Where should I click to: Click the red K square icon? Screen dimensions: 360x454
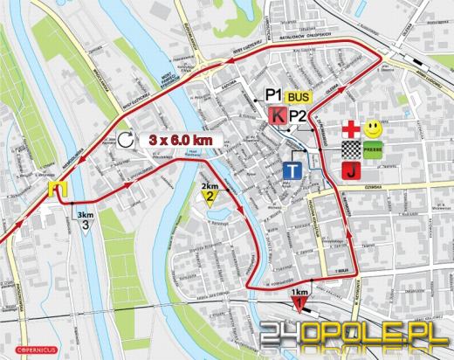point(278,115)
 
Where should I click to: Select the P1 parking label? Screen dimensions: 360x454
point(274,94)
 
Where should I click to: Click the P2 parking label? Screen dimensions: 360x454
point(299,114)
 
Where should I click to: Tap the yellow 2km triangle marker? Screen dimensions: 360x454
point(210,199)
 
